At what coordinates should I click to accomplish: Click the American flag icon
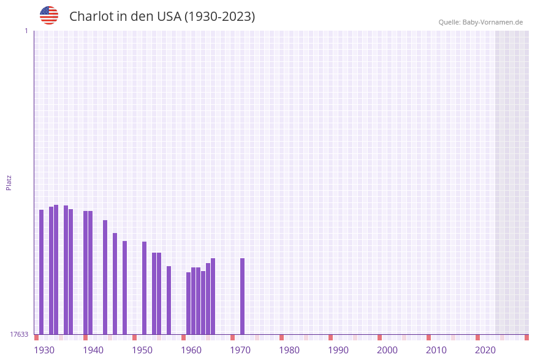49,15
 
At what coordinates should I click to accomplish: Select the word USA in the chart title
169,17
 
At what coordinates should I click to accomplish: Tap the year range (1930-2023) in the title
219,17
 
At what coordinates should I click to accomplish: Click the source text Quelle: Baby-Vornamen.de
480,22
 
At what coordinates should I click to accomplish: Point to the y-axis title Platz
9,182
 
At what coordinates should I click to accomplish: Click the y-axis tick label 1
26,31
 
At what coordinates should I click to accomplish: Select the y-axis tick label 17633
19,334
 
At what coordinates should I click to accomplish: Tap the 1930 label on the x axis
44,350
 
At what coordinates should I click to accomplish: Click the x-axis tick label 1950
142,350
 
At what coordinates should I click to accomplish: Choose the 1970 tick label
240,350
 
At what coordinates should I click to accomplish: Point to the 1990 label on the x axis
338,350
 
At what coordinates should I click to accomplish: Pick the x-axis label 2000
387,350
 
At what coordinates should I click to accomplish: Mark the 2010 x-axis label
436,350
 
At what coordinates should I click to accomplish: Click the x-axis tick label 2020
485,350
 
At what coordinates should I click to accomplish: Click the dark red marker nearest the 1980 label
282,337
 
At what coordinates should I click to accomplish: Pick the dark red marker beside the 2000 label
380,337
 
